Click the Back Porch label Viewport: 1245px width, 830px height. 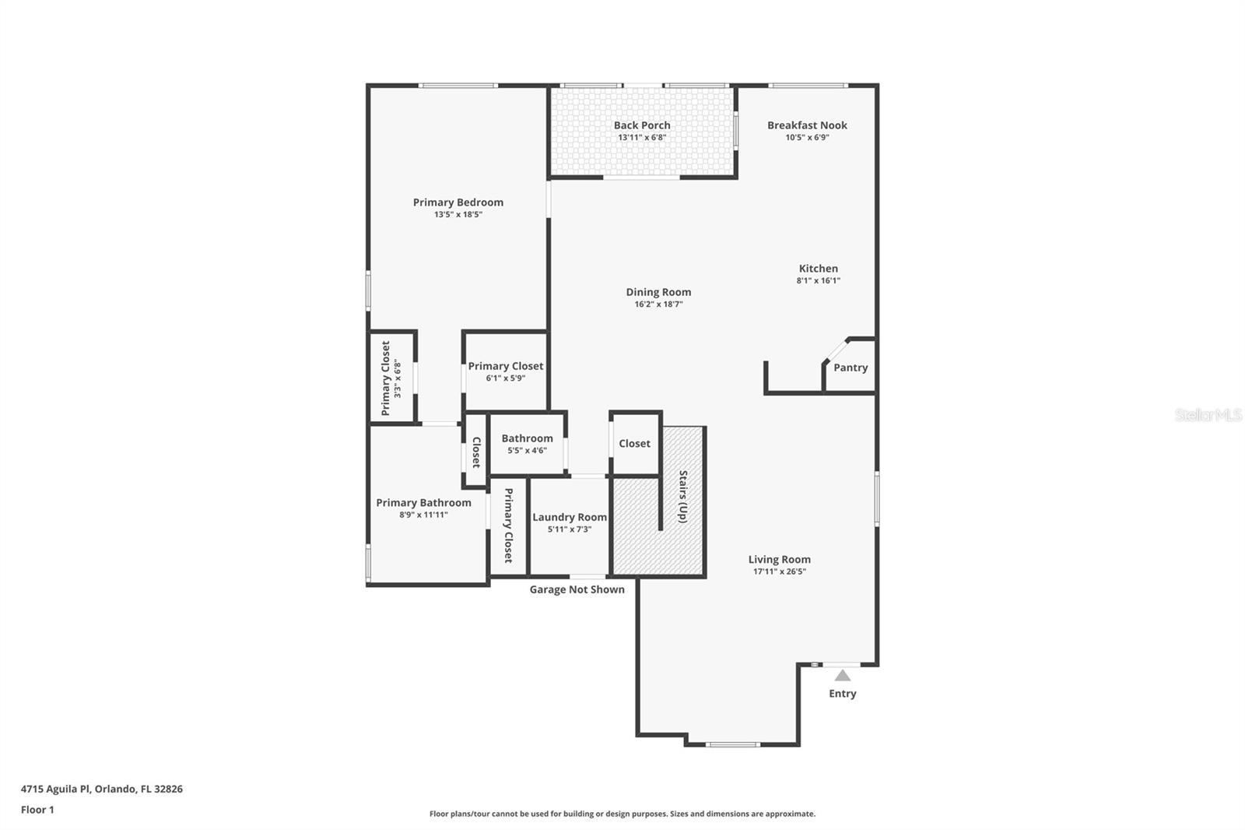pos(641,125)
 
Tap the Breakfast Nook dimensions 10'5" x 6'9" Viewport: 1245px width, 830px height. pos(807,138)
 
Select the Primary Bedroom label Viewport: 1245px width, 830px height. pos(458,202)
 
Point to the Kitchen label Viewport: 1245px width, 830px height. pos(818,269)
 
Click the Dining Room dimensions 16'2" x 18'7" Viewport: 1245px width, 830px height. pos(658,304)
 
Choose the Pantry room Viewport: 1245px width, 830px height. pos(850,368)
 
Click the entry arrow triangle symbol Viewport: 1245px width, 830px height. pos(843,675)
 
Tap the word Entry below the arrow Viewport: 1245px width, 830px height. pos(842,694)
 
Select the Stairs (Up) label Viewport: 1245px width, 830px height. pos(682,497)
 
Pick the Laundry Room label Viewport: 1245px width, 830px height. pos(569,517)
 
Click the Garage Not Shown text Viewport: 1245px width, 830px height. pos(577,589)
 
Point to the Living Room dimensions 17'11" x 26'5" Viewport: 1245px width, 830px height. pos(779,572)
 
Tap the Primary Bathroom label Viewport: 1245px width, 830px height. pos(423,503)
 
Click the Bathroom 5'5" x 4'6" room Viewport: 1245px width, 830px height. pos(527,444)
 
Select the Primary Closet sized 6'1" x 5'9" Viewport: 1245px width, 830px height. pos(505,371)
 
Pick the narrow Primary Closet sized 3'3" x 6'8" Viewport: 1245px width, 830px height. pos(391,378)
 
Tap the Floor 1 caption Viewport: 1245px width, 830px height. pos(37,810)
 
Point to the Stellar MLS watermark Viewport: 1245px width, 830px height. pos(1208,415)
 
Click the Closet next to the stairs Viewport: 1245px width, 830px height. pos(634,444)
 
